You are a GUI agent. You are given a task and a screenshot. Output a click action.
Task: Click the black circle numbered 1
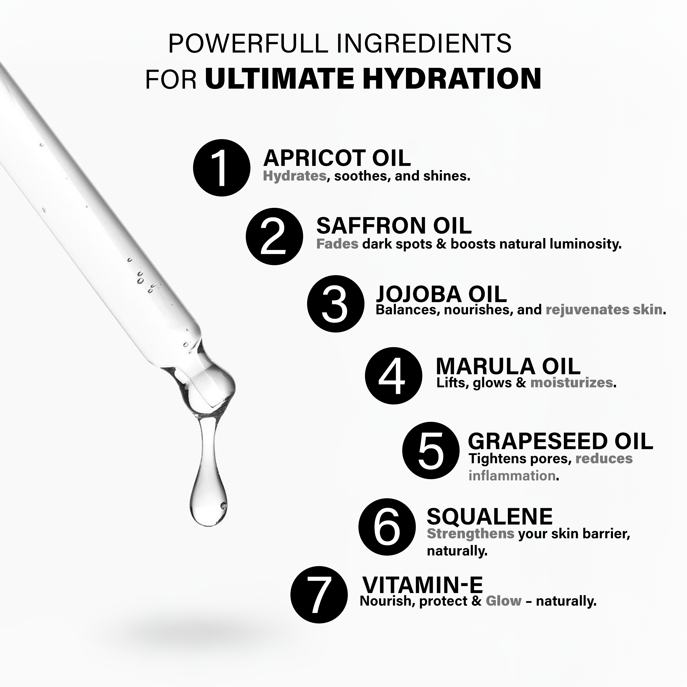pos(222,167)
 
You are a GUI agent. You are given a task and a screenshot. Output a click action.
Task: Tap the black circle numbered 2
pos(274,236)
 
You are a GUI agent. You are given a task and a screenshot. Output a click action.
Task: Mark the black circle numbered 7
pos(319,595)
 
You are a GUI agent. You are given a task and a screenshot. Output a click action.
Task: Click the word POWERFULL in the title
pos(248,44)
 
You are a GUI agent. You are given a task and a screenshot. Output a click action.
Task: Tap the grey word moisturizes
pos(571,383)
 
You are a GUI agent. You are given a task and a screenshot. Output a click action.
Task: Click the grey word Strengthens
pos(470,534)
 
